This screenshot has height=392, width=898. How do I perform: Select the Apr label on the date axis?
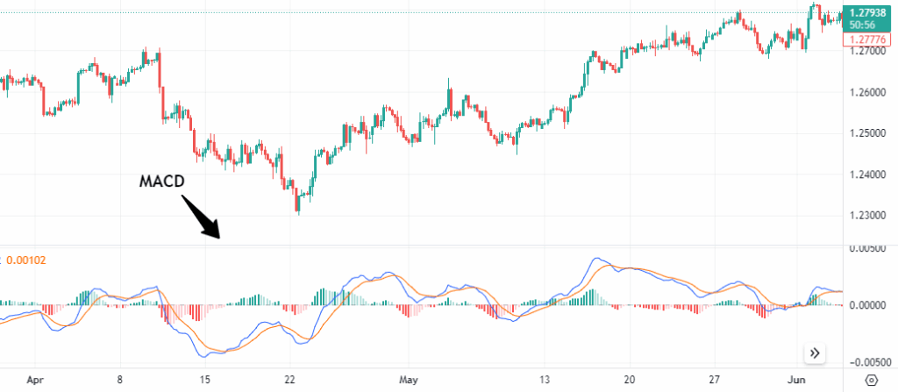(35, 381)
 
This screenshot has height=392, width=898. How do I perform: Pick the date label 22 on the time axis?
(290, 381)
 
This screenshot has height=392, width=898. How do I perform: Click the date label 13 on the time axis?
(545, 381)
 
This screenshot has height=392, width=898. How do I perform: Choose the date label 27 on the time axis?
(716, 381)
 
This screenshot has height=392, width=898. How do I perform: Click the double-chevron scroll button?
(816, 353)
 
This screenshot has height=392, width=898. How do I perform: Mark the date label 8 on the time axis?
(121, 381)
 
